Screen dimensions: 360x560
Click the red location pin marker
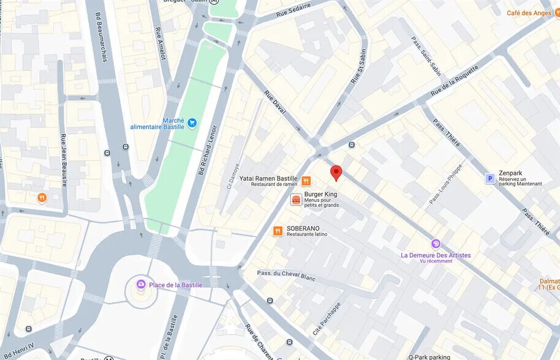click(x=336, y=173)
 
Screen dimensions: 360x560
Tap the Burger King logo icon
click(x=296, y=200)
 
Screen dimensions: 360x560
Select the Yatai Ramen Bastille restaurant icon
click(x=306, y=181)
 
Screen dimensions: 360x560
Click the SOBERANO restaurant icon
click(x=278, y=231)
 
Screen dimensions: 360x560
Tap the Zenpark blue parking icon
click(x=490, y=178)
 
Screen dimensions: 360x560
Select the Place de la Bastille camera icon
click(x=141, y=284)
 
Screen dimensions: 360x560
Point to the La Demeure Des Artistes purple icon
click(x=436, y=244)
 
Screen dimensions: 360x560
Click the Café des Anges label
click(x=531, y=13)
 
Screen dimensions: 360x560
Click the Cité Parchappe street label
click(x=326, y=318)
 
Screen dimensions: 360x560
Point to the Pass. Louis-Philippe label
click(x=445, y=183)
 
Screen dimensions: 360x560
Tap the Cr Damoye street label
click(x=232, y=175)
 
